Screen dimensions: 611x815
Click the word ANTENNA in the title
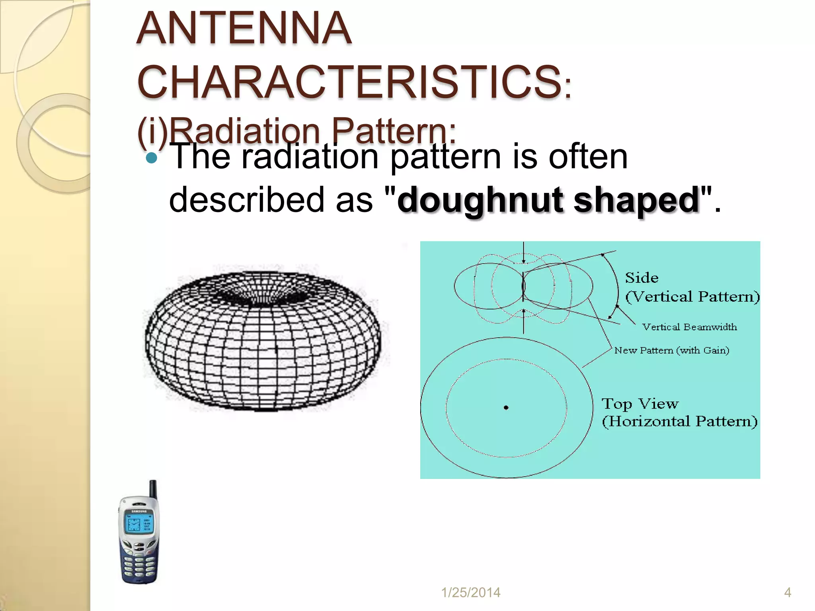coord(244,29)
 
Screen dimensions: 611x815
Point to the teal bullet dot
coord(152,158)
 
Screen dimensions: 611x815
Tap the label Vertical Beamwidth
coord(689,327)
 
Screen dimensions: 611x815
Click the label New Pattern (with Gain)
coord(672,350)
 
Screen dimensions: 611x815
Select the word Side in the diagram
coord(641,278)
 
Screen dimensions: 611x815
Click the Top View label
coord(640,404)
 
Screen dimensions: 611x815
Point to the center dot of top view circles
coord(506,407)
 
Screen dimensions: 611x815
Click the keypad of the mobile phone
coord(139,565)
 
